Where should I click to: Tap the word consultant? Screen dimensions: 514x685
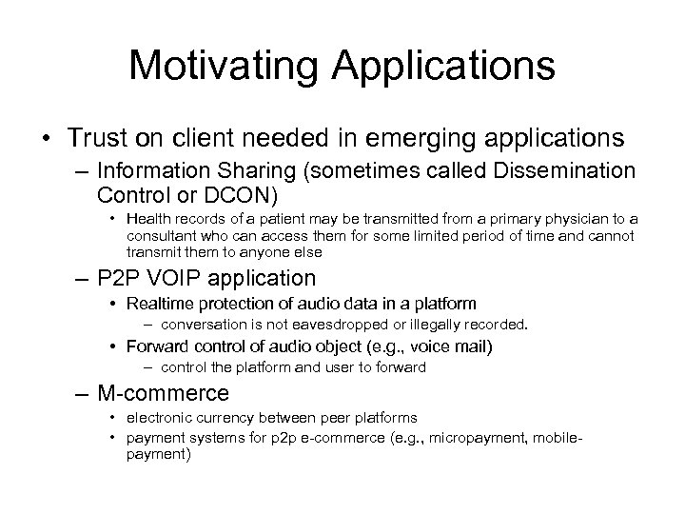[163, 237]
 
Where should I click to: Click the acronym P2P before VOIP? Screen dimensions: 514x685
[118, 279]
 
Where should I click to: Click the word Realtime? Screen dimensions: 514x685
[159, 304]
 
